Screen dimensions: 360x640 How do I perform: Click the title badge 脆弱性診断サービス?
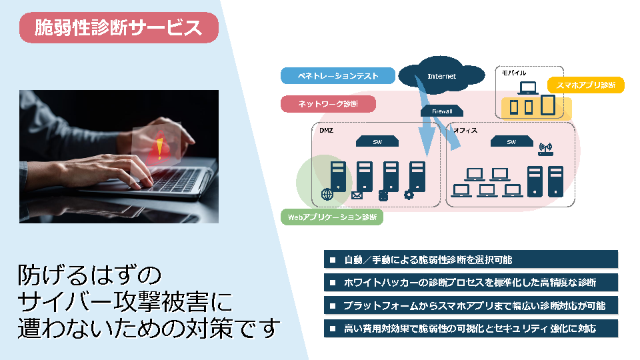[119, 28]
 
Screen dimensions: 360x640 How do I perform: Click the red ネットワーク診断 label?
[328, 104]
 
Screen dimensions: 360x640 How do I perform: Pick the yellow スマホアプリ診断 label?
[585, 85]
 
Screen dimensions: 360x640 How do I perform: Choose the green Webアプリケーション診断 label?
[331, 217]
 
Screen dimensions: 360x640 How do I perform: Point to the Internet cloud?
[441, 75]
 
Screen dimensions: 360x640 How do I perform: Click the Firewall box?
[442, 111]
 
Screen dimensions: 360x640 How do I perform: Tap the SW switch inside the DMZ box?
[377, 141]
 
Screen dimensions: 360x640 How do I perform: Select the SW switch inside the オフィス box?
[511, 141]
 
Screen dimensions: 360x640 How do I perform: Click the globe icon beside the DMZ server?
[327, 195]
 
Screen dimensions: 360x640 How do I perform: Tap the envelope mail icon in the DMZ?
[356, 195]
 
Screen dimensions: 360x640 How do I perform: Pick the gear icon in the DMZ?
[409, 195]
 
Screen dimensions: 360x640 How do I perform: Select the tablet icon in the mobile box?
[547, 105]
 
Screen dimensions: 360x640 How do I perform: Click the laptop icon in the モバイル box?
[529, 87]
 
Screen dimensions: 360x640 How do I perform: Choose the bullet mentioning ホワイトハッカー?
[471, 282]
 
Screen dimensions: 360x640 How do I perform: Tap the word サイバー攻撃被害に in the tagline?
[125, 303]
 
